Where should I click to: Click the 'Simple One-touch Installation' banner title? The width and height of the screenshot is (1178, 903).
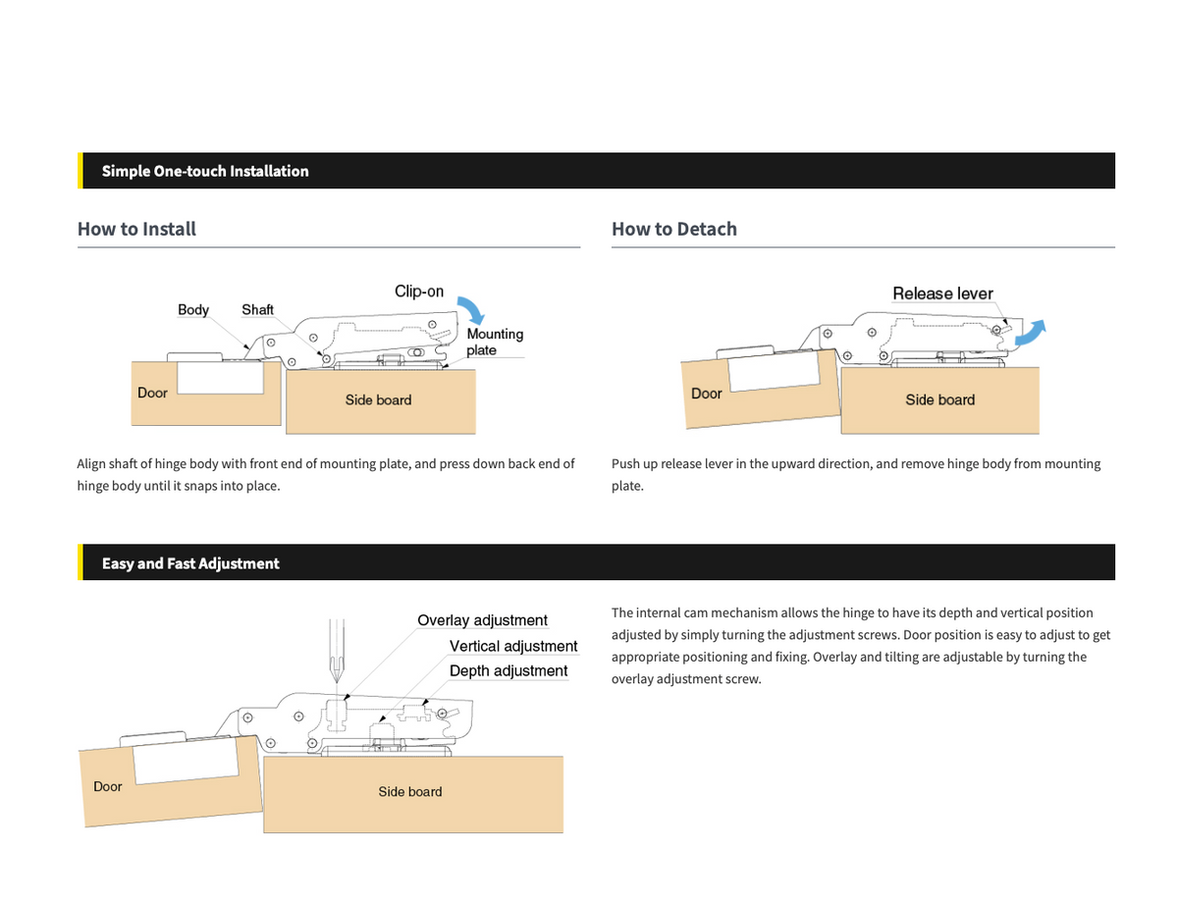point(205,171)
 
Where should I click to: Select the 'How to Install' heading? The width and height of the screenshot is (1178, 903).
point(136,229)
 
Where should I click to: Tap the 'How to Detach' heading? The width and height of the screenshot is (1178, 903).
point(673,229)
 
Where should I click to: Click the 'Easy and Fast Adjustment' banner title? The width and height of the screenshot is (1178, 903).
point(190,563)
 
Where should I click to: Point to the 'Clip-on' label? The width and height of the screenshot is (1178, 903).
point(418,292)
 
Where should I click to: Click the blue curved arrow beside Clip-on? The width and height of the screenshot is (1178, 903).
point(470,310)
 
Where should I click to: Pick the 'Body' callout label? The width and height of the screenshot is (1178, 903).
point(193,309)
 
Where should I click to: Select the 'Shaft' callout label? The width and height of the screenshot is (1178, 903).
point(257,309)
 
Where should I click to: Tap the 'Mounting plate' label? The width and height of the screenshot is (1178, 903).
point(495,342)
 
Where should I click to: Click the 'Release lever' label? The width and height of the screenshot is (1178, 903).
point(942,293)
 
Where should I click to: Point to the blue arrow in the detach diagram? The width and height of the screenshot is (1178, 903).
point(1030,333)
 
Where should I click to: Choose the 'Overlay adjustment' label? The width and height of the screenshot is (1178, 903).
point(482,620)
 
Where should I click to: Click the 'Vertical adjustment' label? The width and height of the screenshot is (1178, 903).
point(512,646)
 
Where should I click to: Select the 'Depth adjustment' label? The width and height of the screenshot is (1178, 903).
point(508,670)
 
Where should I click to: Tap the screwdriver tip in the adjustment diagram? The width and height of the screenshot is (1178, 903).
point(337,682)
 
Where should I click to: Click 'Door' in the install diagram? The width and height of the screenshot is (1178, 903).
point(152,393)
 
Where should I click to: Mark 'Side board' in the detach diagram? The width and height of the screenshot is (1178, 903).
point(939,399)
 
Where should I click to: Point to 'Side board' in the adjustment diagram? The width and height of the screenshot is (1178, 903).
point(409,791)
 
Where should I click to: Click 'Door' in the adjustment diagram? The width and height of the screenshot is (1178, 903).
point(107,786)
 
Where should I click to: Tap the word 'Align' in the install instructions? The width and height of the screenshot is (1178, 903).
point(90,464)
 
